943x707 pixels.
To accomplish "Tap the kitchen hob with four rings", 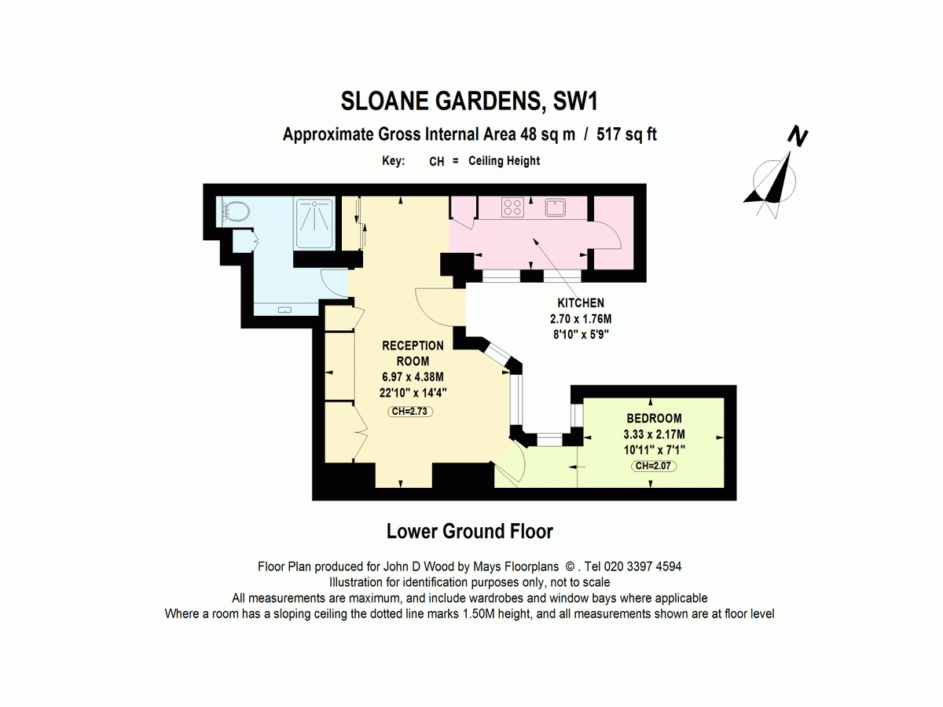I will pos(513,207).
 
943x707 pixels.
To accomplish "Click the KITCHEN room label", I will pos(580,303).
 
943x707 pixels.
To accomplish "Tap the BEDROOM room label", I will pos(654,419).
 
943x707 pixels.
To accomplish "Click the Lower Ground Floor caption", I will pos(470,532).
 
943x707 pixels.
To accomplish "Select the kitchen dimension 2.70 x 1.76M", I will pos(580,319).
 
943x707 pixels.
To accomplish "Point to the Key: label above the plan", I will pos(393,161).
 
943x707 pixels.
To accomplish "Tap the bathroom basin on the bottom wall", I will pos(284,310).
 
